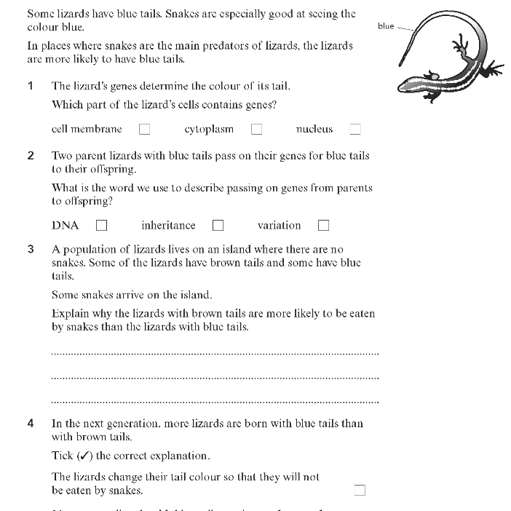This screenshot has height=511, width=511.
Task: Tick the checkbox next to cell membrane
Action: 144,130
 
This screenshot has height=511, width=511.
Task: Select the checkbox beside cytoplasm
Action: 256,130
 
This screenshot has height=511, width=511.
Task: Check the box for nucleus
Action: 355,130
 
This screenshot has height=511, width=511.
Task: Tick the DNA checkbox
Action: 101,226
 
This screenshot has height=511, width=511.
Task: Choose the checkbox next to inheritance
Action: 218,226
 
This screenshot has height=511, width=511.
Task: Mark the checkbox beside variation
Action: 323,226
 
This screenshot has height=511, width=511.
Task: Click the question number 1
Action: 31,86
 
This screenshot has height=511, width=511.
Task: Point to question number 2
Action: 31,156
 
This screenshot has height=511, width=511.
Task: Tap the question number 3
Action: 31,250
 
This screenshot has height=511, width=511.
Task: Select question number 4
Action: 31,424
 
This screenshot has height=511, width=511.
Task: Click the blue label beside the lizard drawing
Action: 386,26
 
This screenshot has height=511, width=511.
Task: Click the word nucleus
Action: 314,130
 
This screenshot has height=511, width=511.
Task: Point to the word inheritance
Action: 168,226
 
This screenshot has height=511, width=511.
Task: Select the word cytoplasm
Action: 209,130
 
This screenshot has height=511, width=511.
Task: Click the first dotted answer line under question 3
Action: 215,354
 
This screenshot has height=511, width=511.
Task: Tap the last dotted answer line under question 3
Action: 215,401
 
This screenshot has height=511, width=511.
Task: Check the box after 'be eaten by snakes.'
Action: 360,490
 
